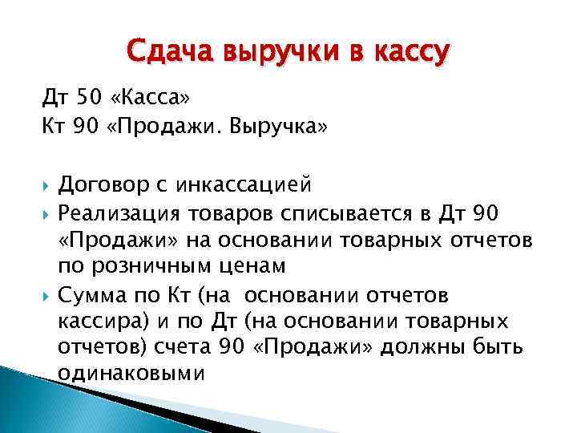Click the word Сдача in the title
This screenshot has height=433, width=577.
[x=163, y=53]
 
